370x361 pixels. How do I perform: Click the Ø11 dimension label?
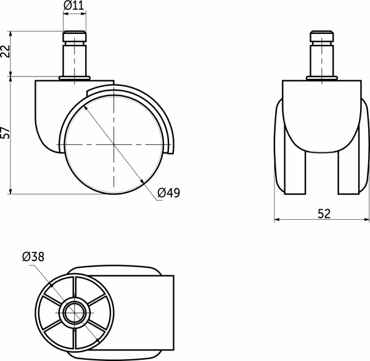(74, 5)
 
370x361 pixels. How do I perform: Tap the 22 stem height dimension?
(5, 51)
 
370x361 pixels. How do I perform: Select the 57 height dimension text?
(5, 133)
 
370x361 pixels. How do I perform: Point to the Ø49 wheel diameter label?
(169, 193)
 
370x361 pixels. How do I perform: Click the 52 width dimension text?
(324, 214)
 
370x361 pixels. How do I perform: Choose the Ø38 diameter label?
(33, 257)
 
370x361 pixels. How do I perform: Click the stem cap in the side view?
(75, 36)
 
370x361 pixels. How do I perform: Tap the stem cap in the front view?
(322, 36)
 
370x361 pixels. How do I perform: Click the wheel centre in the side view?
(113, 144)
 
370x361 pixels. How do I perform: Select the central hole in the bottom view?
(75, 313)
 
